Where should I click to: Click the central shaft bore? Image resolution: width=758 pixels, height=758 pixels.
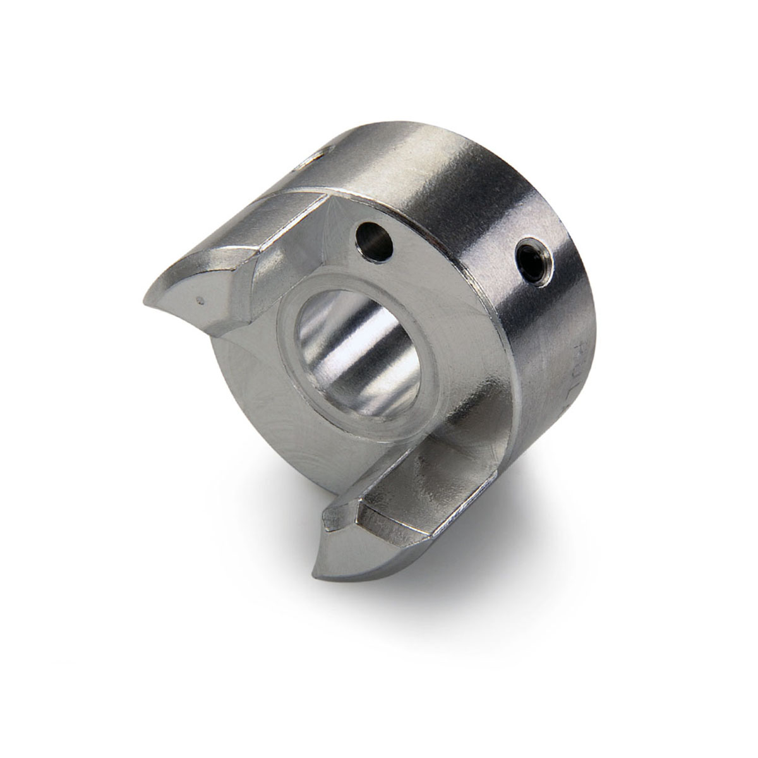[x=354, y=354]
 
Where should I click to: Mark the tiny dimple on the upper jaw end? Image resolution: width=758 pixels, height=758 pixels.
[x=200, y=300]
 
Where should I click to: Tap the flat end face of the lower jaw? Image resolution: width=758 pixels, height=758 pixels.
[x=366, y=543]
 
